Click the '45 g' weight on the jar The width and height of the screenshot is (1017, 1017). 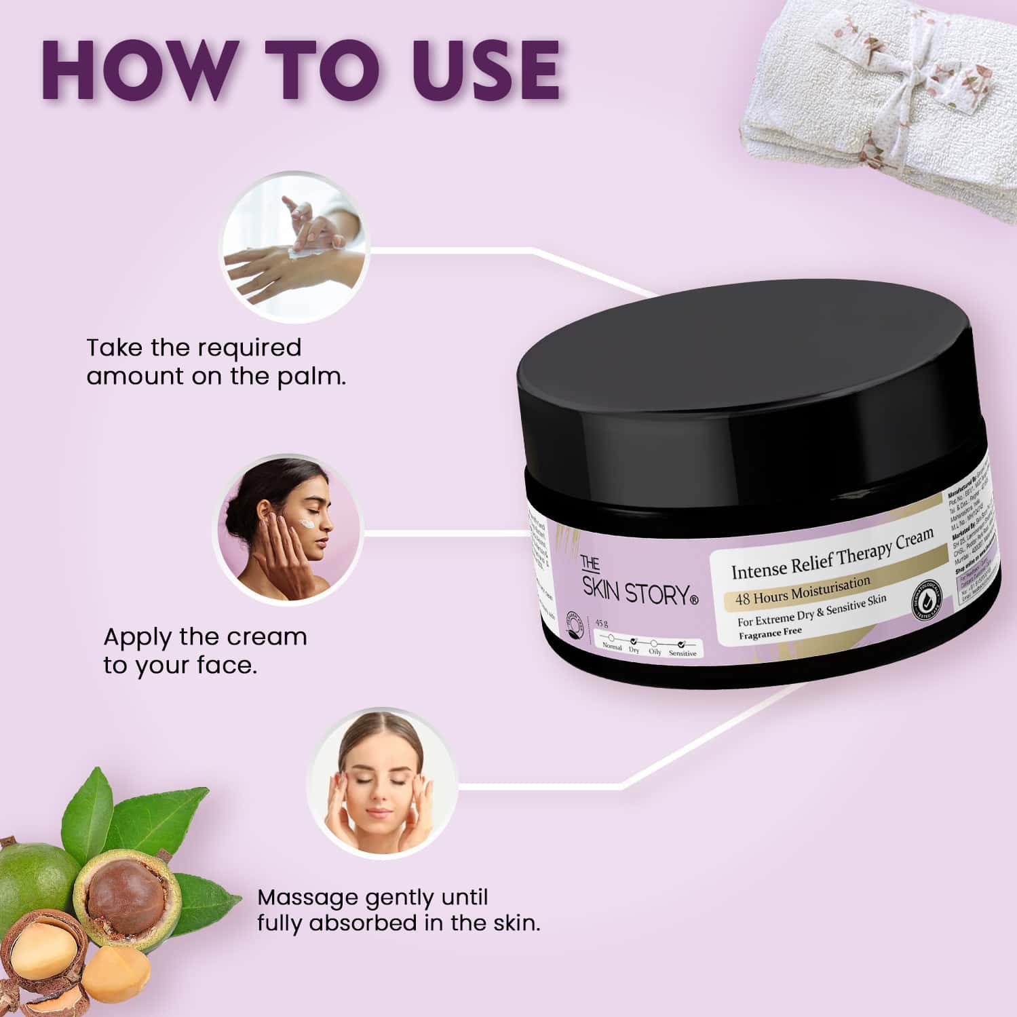601,623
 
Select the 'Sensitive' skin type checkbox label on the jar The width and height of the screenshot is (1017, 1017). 682,653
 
